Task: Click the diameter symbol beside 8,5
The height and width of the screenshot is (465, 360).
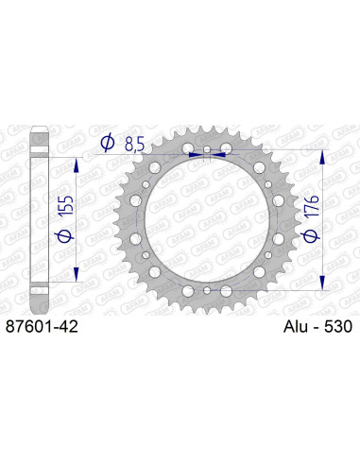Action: click(x=107, y=143)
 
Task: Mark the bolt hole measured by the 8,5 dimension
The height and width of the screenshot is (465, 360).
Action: click(x=208, y=151)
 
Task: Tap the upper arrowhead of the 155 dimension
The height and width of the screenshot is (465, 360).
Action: click(x=75, y=151)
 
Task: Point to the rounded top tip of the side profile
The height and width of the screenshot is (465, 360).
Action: click(x=39, y=125)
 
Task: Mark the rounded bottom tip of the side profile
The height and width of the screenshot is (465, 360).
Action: click(x=39, y=312)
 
